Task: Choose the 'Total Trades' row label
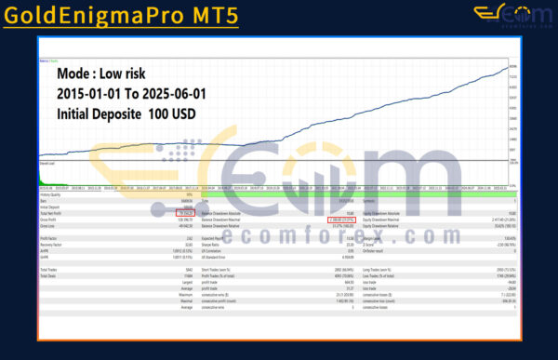pos(49,268)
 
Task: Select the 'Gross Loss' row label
pos(48,226)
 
